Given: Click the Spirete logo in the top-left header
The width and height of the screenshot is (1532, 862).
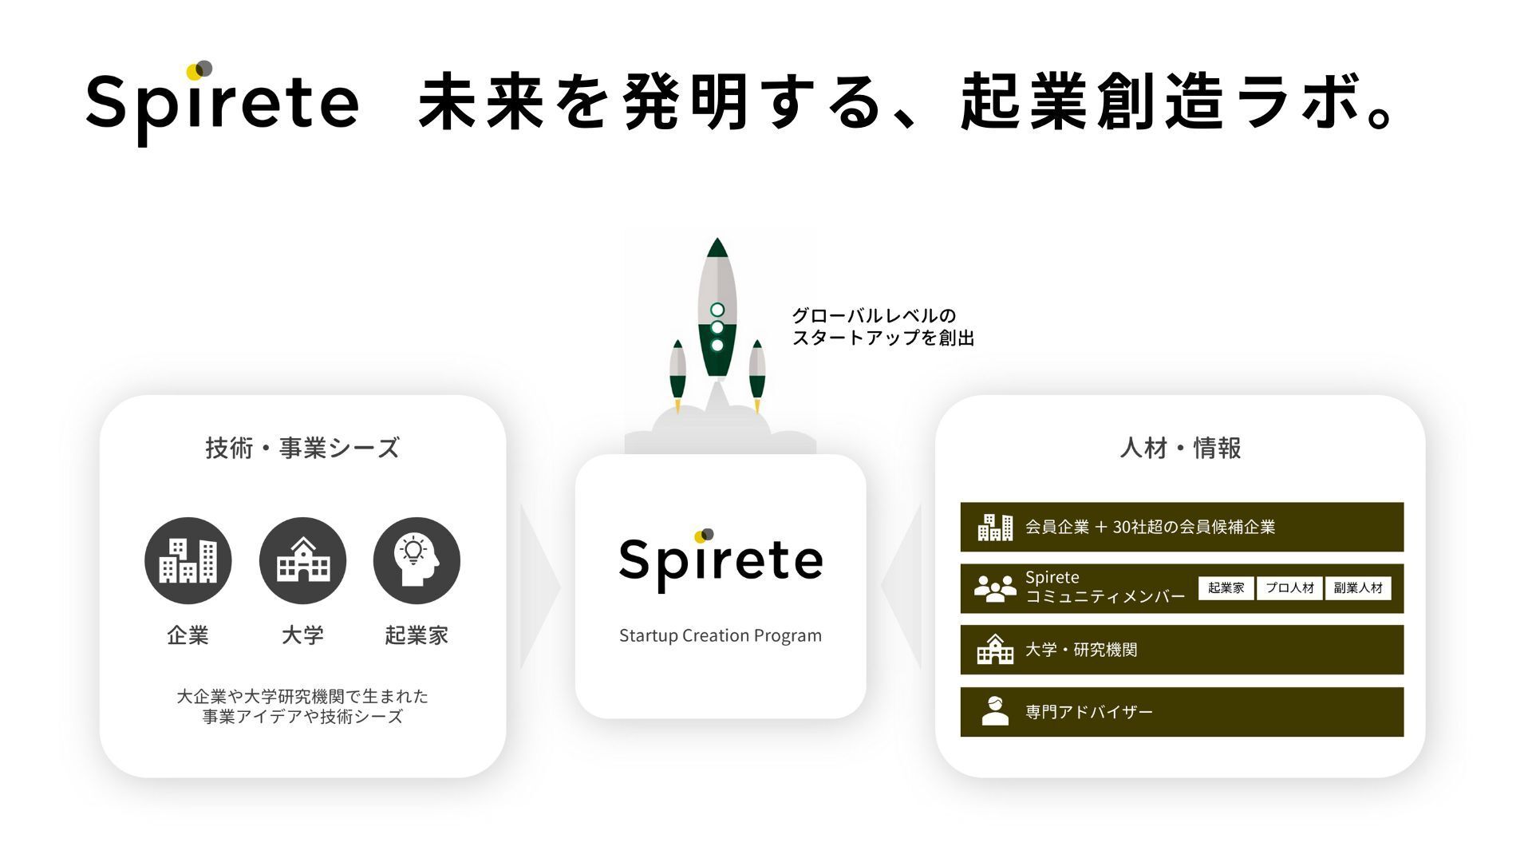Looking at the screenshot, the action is [x=222, y=104].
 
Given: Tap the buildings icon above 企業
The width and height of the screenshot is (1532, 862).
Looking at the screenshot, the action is [x=188, y=560].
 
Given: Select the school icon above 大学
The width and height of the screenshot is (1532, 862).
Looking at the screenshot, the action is [x=302, y=560].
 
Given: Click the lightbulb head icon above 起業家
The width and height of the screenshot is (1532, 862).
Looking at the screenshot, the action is [x=417, y=560].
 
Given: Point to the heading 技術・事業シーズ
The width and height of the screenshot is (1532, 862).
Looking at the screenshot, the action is [x=302, y=448].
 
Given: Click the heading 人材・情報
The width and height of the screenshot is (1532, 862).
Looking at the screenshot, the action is [x=1180, y=448].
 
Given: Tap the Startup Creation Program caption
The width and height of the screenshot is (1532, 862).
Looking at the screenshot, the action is [x=721, y=635].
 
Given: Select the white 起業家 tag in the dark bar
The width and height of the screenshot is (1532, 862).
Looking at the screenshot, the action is [x=1226, y=588].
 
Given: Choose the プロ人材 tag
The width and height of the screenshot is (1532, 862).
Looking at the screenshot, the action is [x=1289, y=588].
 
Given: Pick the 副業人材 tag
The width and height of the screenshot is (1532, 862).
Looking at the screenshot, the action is [x=1358, y=588].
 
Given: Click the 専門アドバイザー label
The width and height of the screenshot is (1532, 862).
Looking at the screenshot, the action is [x=1089, y=711].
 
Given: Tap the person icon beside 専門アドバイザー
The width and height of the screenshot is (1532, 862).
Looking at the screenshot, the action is [x=995, y=710].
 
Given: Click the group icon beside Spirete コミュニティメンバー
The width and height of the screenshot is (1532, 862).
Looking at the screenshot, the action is [x=995, y=588].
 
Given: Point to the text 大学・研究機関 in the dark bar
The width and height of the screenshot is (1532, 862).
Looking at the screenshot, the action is [x=1081, y=650].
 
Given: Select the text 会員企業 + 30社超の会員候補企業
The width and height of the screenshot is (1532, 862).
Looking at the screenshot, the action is [x=1150, y=527].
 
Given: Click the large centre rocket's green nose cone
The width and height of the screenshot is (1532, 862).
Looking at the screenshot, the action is [x=717, y=248].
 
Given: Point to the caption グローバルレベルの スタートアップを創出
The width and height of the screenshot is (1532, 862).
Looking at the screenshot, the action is [x=882, y=326].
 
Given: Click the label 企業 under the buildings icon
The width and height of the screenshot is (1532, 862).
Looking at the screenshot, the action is [x=188, y=635].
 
